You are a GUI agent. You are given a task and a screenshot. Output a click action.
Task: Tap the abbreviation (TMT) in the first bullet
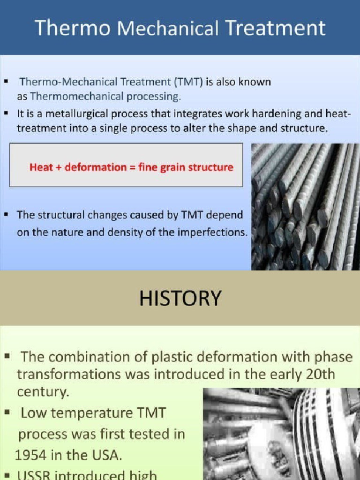click(x=188, y=82)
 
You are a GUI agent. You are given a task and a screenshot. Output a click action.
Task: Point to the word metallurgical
click(x=84, y=113)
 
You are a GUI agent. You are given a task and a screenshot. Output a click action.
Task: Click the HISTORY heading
click(x=180, y=298)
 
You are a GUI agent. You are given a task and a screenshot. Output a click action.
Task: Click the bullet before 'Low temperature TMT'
click(x=7, y=412)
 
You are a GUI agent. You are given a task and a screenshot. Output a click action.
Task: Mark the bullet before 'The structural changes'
click(x=7, y=215)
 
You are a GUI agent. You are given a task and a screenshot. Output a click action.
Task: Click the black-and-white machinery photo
click(x=281, y=434)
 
